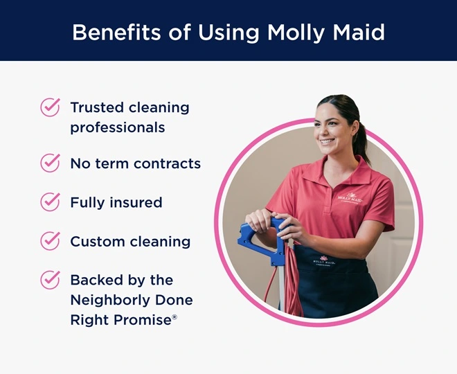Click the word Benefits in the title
(111, 32)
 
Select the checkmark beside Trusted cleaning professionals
(50, 107)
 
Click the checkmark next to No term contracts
(50, 163)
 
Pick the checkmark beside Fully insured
(50, 202)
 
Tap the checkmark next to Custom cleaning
(50, 241)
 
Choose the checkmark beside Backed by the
(50, 280)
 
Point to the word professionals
(117, 128)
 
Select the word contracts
(168, 163)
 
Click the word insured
(136, 202)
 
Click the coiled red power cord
(292, 277)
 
